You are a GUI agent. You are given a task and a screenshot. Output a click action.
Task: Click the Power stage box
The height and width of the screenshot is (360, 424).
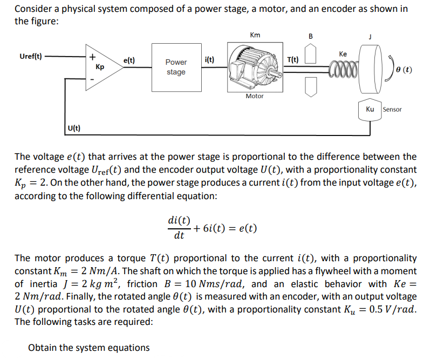tap(176, 67)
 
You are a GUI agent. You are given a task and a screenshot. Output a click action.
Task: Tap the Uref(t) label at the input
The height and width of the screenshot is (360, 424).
tap(31, 56)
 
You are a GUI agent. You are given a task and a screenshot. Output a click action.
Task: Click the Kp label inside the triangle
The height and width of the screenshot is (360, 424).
tap(100, 67)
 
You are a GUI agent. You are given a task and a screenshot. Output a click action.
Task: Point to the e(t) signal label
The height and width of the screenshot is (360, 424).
tap(129, 62)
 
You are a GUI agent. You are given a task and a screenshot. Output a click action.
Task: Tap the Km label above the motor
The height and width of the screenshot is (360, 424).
tap(255, 35)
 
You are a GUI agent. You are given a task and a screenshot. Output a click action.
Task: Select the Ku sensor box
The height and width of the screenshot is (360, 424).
tap(370, 109)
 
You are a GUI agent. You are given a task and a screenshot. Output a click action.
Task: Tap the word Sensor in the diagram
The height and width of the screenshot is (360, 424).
tap(392, 110)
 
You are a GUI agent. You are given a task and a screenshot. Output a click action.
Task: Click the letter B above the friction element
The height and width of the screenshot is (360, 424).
tap(310, 36)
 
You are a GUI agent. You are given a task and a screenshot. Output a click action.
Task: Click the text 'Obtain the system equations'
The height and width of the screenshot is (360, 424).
tap(89, 348)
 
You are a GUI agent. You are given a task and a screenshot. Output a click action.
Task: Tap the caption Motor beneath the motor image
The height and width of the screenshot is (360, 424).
tap(255, 96)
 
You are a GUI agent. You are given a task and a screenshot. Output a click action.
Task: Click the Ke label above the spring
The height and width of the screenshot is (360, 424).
tap(343, 54)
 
